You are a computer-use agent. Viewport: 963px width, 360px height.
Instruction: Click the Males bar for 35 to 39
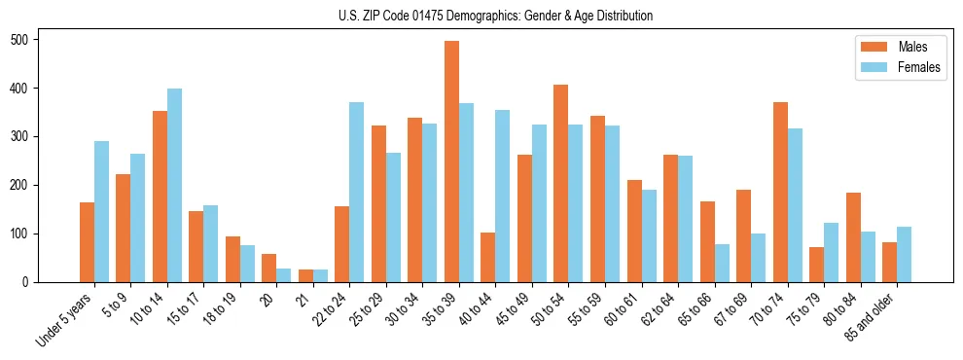(x=451, y=162)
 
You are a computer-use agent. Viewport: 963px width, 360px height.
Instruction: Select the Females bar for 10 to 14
(x=174, y=185)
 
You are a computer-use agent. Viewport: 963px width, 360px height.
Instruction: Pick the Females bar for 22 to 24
(x=357, y=192)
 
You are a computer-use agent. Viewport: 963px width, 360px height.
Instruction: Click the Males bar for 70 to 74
(x=780, y=192)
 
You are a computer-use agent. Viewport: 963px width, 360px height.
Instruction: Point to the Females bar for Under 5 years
(x=101, y=211)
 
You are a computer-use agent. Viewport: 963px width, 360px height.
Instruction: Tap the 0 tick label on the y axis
(x=31, y=282)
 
